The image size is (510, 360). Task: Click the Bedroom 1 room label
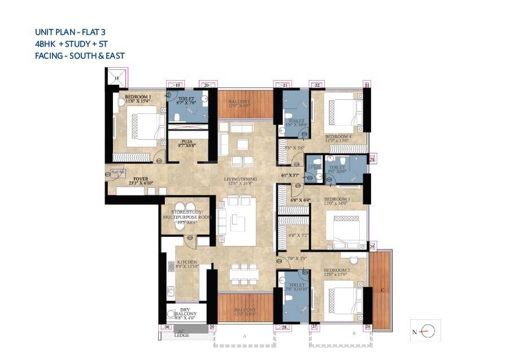tap(138, 97)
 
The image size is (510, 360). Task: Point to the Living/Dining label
tap(240, 179)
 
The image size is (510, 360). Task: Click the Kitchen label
tap(186, 263)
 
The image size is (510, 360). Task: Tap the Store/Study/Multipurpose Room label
tap(186, 216)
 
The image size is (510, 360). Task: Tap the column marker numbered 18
tap(117, 78)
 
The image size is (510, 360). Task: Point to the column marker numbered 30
tap(166, 327)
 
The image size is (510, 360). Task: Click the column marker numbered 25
tap(372, 247)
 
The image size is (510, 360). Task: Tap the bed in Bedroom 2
tap(341, 299)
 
